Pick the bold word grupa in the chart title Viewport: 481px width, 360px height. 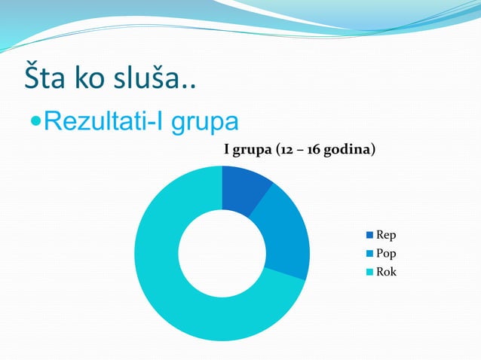click(251, 150)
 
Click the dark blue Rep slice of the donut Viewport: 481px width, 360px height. click(245, 185)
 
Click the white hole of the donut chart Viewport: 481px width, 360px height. click(222, 253)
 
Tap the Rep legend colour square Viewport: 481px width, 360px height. click(369, 235)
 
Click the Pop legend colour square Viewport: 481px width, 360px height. click(369, 254)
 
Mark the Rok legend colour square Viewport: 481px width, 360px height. click(369, 272)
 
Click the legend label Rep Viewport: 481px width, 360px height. click(387, 235)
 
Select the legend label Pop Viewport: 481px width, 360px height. click(387, 254)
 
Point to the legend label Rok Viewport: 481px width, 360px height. click(387, 272)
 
